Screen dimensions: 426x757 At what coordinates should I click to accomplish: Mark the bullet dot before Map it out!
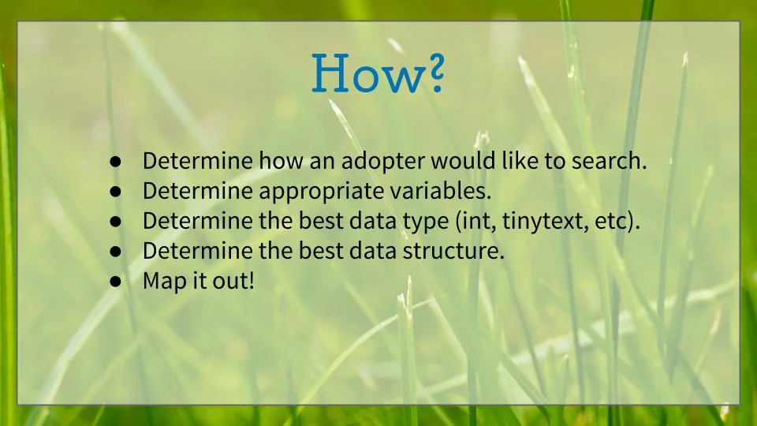pos(116,282)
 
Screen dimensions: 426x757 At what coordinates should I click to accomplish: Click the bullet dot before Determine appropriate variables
pos(116,192)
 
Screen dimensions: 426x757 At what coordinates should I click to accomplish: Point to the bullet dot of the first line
pos(116,162)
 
